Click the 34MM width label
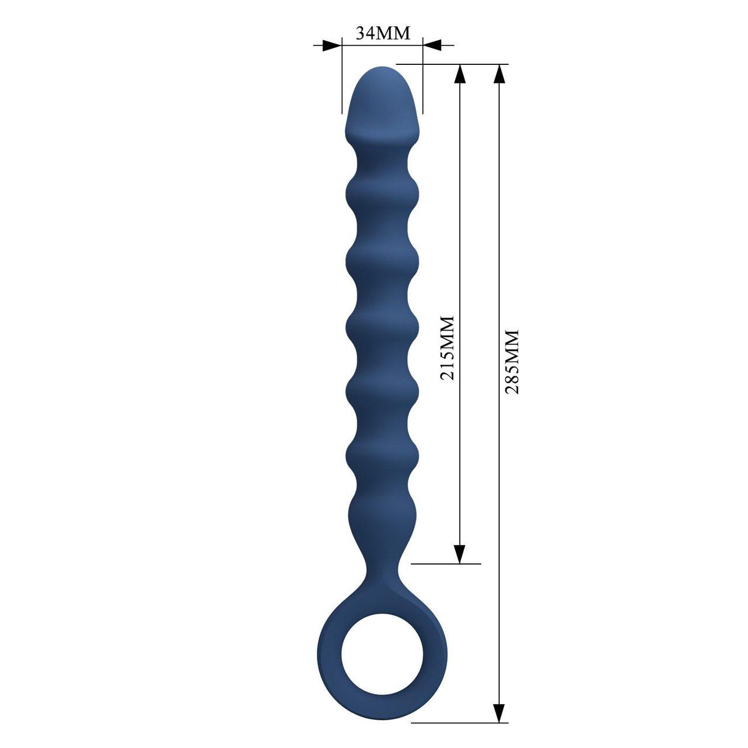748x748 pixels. tap(383, 33)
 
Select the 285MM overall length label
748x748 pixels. tap(512, 361)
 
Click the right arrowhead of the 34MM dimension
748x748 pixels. tap(431, 44)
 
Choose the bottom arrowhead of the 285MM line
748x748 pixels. tap(499, 713)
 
